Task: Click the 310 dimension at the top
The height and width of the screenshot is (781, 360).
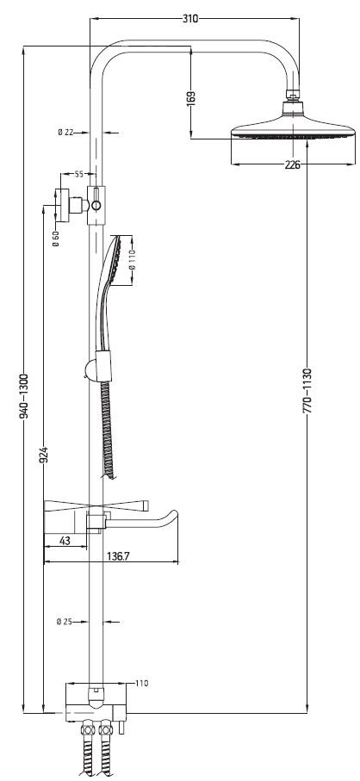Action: pos(190,19)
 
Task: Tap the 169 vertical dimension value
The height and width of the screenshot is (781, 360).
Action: pos(190,97)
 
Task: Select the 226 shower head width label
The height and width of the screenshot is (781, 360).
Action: pos(293,165)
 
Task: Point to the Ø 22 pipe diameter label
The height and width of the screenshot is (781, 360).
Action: pos(65,132)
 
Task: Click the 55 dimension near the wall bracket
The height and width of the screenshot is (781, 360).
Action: pos(78,174)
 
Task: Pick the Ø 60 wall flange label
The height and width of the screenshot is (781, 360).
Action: pos(56,239)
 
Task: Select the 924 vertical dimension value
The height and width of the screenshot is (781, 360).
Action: pos(44,456)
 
